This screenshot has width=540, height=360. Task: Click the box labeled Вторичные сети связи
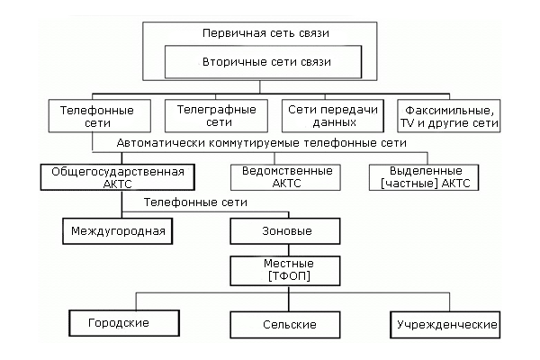tap(262, 64)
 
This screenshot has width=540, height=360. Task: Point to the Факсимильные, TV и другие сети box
tap(448, 116)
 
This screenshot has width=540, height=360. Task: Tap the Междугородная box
tap(115, 231)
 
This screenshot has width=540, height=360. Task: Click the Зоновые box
tap(285, 231)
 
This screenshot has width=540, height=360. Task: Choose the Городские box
tap(118, 322)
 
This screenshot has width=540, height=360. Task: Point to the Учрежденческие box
tap(443, 322)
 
